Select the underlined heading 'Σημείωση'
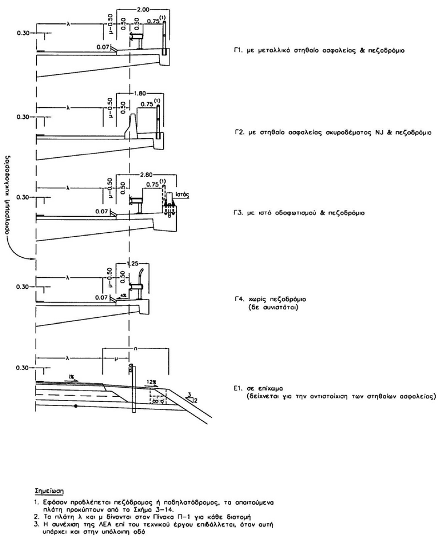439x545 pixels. coord(48,492)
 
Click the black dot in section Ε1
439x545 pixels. coord(76,406)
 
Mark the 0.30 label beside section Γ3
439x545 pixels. coord(22,197)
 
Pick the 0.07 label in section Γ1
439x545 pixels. coord(102,48)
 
